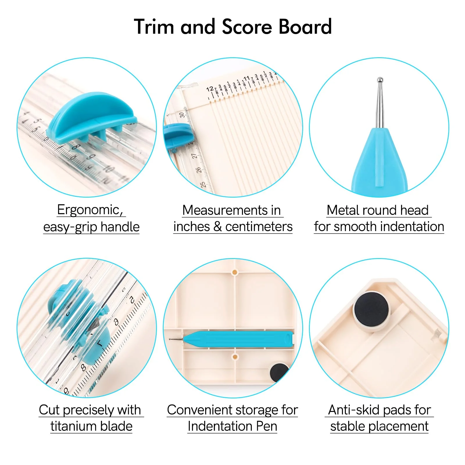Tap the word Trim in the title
154,27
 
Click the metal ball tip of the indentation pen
380,80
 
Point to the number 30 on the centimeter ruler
182,115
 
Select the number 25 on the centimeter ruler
203,184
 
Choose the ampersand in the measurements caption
217,227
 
